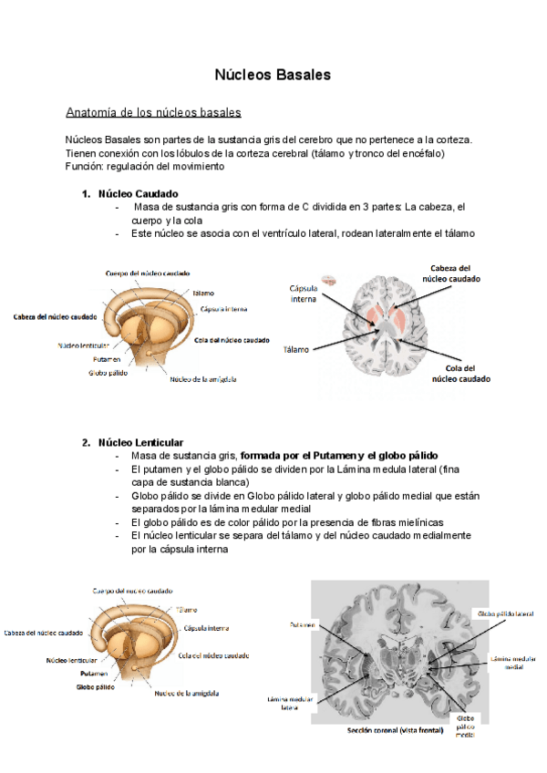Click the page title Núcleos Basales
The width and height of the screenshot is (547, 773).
pos(273,74)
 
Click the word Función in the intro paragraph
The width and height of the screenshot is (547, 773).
pos(84,167)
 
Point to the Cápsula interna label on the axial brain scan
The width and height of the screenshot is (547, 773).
pos(304,292)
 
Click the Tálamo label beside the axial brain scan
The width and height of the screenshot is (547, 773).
pos(297,349)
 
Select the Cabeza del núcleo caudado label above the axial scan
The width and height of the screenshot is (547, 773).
pos(451,273)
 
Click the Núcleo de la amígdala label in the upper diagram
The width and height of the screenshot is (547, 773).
pos(204,380)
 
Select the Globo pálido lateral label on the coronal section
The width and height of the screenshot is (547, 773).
pos(505,613)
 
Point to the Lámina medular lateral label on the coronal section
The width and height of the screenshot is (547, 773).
pos(284,703)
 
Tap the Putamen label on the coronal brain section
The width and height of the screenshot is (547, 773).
pos(304,625)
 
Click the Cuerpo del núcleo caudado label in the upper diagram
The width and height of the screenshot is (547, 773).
pos(147,273)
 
